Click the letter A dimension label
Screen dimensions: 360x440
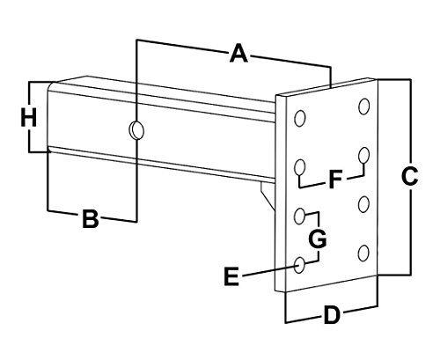coord(237,55)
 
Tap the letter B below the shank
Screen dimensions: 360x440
coord(89,220)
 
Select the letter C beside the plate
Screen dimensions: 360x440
coord(407,177)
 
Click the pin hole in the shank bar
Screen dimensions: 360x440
coord(135,130)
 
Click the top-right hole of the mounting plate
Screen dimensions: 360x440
coord(364,107)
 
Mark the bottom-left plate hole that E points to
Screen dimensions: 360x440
coord(299,263)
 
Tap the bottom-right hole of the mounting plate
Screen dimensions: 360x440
coord(363,254)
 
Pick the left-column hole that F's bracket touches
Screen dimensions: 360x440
coord(299,165)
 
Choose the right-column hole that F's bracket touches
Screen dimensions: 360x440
coord(363,156)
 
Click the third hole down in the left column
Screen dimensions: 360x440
coord(299,215)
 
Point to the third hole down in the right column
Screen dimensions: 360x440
coord(363,205)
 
